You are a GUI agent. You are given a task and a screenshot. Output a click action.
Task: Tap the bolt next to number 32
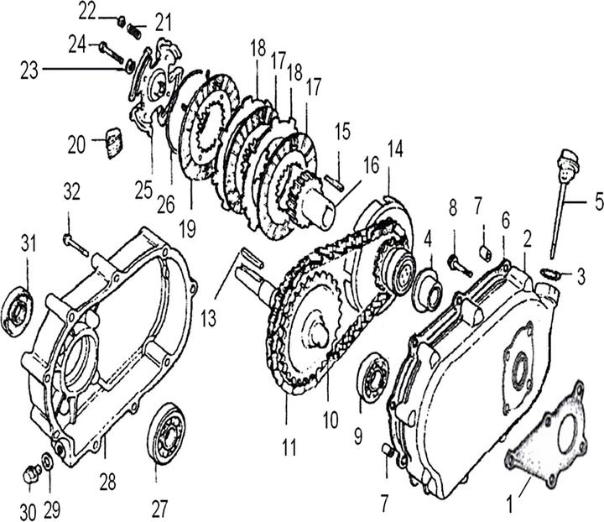click(x=76, y=243)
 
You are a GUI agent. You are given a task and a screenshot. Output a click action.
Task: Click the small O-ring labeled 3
click(x=547, y=271)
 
